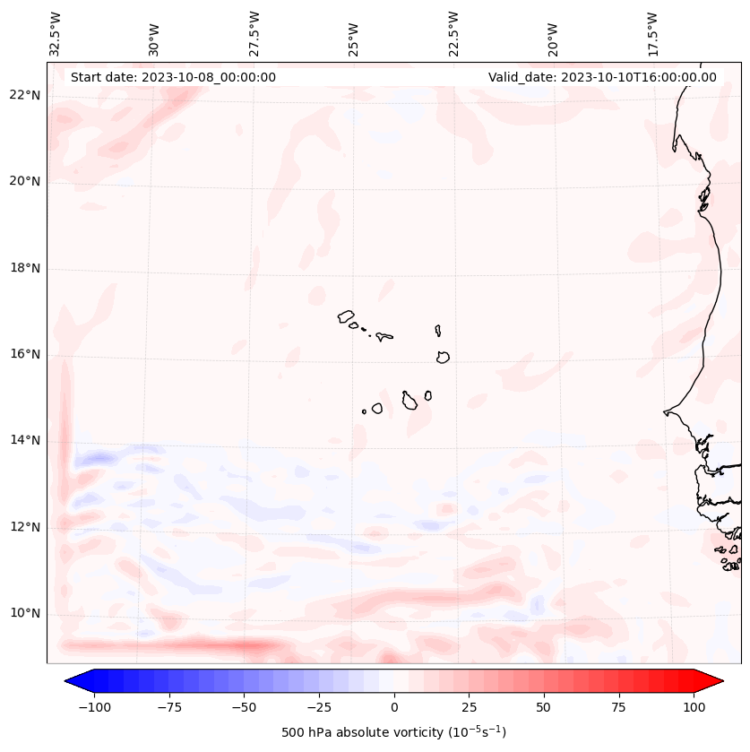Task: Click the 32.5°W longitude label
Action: coord(56,34)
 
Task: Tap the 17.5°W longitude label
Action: coord(652,34)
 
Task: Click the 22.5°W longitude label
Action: coord(453,34)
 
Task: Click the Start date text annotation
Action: coord(173,77)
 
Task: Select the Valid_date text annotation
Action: coord(602,77)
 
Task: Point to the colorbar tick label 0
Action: coord(393,707)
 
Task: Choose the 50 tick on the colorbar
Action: coord(544,707)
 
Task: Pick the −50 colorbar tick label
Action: coord(243,707)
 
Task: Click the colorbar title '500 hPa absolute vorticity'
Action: coord(393,732)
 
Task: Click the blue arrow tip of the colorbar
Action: coord(72,681)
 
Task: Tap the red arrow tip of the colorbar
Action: coord(716,681)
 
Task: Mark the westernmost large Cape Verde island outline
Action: coord(346,315)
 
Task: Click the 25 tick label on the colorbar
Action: coord(469,707)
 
